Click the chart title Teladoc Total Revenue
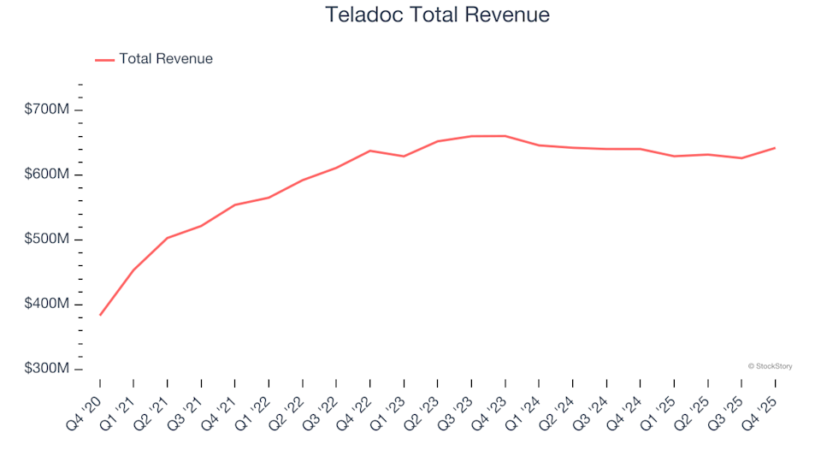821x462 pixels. point(437,15)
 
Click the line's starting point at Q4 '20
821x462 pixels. point(100,315)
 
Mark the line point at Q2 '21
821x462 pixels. point(168,238)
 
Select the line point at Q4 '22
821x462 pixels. point(369,151)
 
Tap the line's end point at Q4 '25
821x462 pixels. point(775,148)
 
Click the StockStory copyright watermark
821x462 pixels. point(770,366)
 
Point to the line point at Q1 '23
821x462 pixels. point(404,157)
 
